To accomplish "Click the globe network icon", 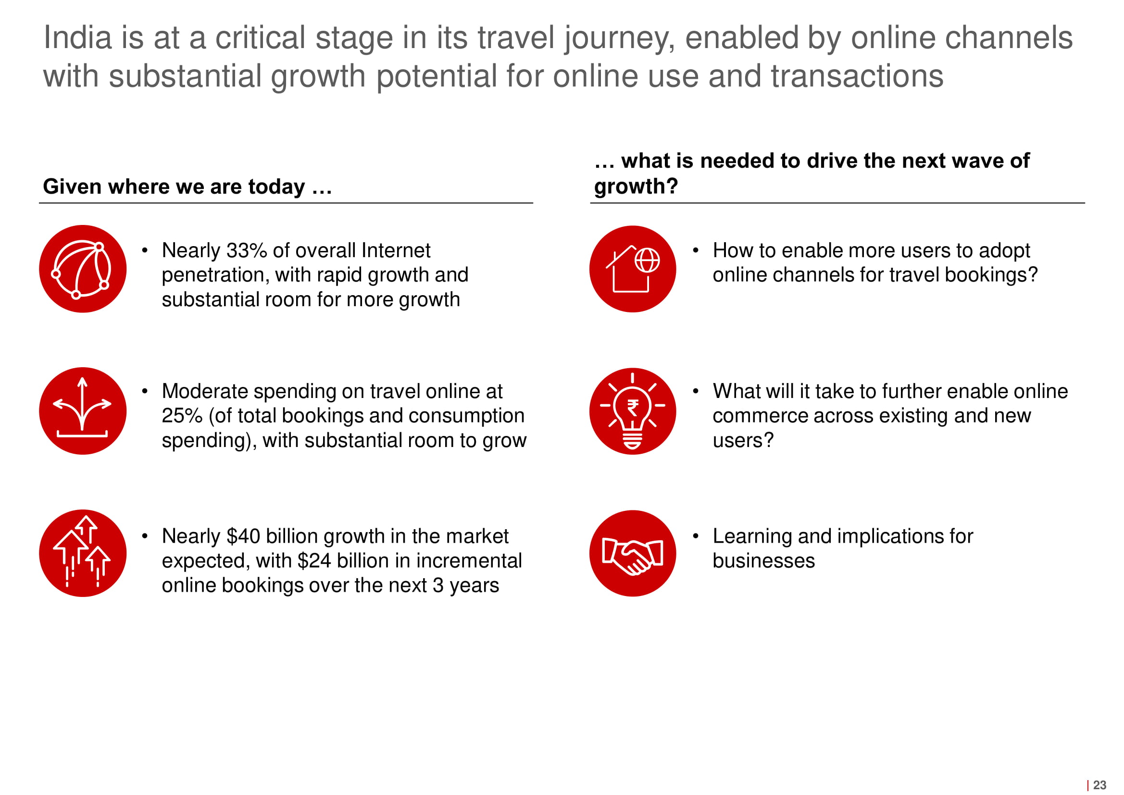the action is coord(83,269).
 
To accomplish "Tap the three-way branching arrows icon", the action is coord(83,410).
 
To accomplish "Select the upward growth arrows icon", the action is coord(83,553).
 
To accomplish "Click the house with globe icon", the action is coord(633,269).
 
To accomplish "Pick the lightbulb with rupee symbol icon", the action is coord(633,410).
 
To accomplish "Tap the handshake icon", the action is coord(633,553).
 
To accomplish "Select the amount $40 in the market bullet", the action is coord(243,536).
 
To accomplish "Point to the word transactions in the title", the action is coord(857,76).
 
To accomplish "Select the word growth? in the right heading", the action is coord(636,186).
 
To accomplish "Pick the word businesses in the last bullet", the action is coord(764,560).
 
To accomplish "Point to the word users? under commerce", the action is coord(743,440).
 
